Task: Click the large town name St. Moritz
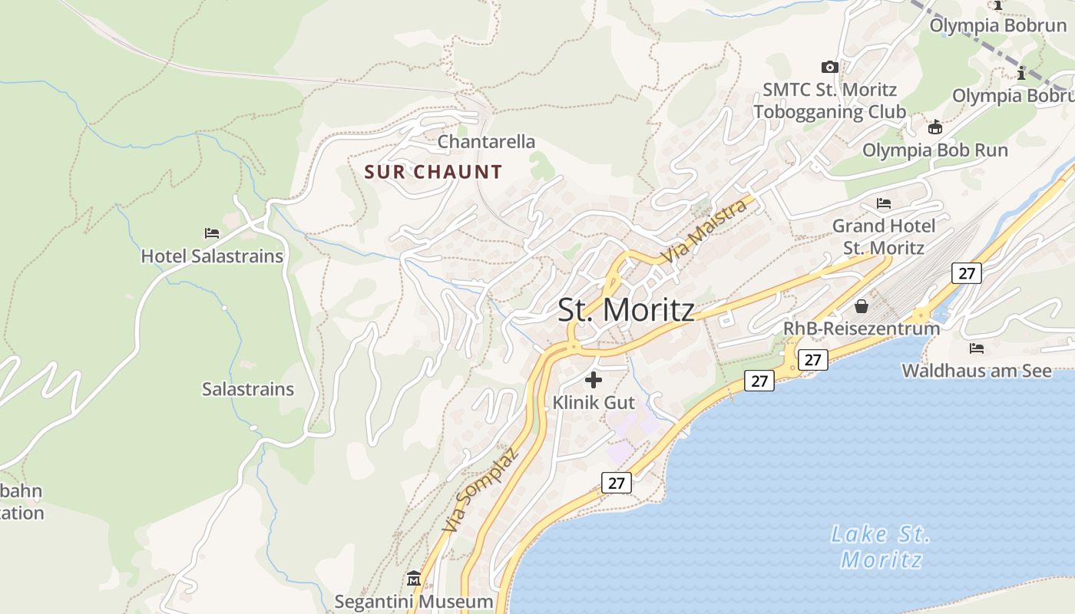click(626, 310)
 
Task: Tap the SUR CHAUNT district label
click(433, 172)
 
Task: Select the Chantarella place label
click(486, 142)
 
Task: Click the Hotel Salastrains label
click(212, 256)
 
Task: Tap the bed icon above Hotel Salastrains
click(212, 233)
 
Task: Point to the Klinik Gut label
click(594, 402)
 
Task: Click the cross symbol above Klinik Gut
click(594, 379)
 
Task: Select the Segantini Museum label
click(414, 601)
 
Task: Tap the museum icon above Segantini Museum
click(414, 577)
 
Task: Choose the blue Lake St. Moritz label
click(881, 546)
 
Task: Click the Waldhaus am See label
click(976, 371)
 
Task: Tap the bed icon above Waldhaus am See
click(976, 348)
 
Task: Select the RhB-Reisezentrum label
click(861, 328)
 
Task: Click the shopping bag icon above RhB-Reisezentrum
click(862, 306)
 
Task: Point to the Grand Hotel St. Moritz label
click(884, 237)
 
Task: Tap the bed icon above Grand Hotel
click(884, 203)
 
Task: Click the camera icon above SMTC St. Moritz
click(829, 67)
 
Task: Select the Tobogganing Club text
click(829, 112)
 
